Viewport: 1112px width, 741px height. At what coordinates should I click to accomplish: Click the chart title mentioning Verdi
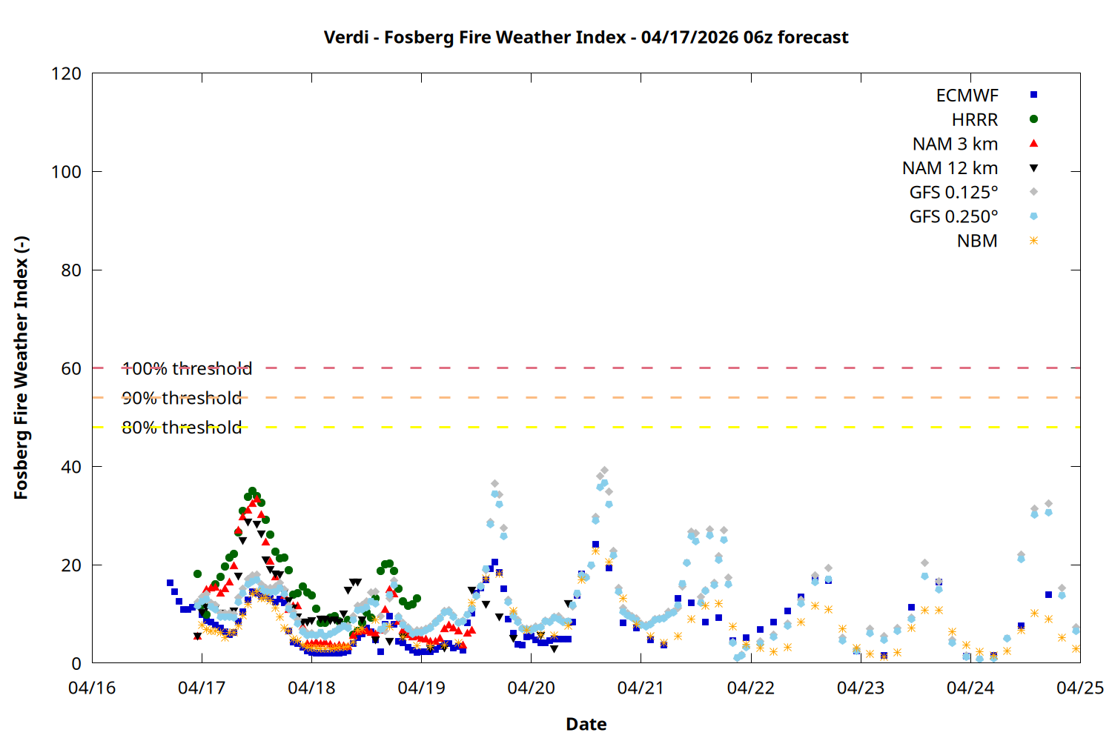(x=586, y=37)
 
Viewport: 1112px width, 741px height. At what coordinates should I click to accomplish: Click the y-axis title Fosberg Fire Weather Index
(x=21, y=368)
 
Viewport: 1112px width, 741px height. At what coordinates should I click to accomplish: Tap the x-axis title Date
(x=586, y=724)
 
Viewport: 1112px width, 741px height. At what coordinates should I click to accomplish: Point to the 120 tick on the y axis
(x=67, y=74)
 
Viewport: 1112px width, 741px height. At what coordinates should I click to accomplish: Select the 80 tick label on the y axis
(x=71, y=270)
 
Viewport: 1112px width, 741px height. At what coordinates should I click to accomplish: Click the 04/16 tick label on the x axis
(x=92, y=688)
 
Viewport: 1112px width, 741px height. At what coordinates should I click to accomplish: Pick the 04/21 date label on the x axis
(x=641, y=688)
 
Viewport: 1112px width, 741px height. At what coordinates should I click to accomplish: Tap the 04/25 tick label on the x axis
(x=1079, y=688)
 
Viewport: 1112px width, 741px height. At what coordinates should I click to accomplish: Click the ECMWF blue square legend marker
(x=1033, y=95)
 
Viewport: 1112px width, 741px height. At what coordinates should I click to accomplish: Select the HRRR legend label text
(x=975, y=120)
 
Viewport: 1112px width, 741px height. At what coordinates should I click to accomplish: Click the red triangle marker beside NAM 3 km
(x=1033, y=144)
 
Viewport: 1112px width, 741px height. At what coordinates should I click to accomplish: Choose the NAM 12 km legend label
(x=950, y=168)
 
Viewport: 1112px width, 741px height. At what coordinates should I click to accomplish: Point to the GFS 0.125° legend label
(x=953, y=193)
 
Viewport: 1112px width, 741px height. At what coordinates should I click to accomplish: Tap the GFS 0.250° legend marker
(x=1033, y=216)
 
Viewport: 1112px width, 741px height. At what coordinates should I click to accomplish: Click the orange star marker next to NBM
(x=1033, y=241)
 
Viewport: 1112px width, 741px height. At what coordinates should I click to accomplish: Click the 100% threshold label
(x=187, y=368)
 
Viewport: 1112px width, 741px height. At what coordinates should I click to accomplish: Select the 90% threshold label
(x=182, y=398)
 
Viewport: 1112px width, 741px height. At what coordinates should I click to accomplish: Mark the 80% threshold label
(x=182, y=428)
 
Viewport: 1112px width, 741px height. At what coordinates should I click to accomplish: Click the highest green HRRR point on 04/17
(x=252, y=491)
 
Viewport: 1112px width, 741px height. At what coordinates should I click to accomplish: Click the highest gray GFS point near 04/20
(x=604, y=471)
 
